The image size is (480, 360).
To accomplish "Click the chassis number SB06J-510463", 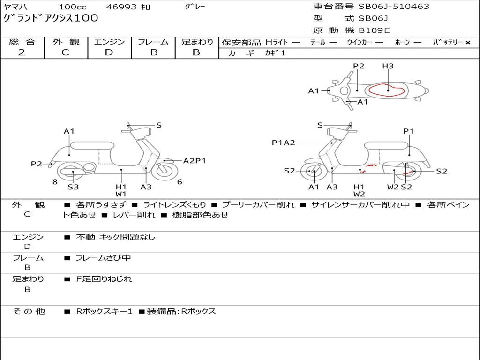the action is tap(394, 6).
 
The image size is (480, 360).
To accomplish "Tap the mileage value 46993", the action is tap(121, 7).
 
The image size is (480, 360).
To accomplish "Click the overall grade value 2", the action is tap(22, 52).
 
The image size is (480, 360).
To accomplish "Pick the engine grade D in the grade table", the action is tap(109, 52).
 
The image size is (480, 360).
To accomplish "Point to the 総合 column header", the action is tap(22, 42).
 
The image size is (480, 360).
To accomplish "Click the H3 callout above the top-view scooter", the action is tap(388, 66).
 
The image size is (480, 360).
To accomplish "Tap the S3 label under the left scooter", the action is tap(73, 187).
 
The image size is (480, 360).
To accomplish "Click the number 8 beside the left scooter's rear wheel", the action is tap(55, 182).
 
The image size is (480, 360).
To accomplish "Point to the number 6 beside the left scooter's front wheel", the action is tap(180, 182).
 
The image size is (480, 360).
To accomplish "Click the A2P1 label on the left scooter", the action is tap(195, 161).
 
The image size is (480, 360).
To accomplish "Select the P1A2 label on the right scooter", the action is tap(284, 142).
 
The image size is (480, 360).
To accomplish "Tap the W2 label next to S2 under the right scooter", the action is tap(393, 187).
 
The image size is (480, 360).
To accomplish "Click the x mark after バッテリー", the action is tap(468, 43).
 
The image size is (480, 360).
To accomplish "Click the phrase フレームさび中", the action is tap(103, 258).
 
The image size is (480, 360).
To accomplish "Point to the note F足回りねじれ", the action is tap(104, 279).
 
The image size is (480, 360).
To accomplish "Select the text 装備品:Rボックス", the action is tap(181, 311).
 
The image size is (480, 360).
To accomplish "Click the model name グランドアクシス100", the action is tap(51, 18).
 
